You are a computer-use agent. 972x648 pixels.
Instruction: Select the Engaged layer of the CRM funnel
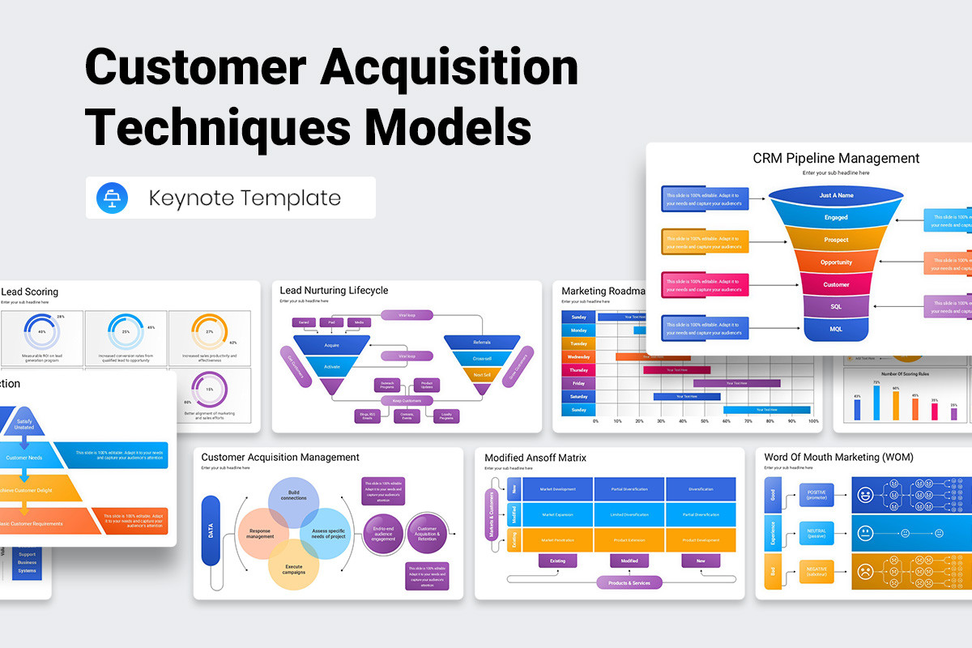(x=836, y=217)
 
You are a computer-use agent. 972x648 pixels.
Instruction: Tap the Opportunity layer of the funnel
(x=836, y=262)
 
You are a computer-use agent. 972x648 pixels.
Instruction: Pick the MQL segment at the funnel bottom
(x=836, y=329)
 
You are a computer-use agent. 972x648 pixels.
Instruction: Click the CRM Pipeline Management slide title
(x=836, y=159)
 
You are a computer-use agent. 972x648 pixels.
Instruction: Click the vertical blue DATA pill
(x=211, y=530)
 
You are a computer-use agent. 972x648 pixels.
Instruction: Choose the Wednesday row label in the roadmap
(x=578, y=356)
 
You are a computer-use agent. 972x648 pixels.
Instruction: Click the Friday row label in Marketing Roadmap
(x=578, y=383)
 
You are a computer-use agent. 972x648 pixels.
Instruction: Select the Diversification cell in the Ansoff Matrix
(x=701, y=489)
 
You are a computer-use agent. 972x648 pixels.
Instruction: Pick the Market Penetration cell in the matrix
(x=558, y=539)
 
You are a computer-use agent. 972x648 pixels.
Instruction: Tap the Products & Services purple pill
(x=629, y=582)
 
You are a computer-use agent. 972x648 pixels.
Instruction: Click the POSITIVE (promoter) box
(x=816, y=493)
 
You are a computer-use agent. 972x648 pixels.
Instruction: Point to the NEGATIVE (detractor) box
(x=816, y=572)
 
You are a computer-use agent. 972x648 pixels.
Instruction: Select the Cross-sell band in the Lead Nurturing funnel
(x=482, y=358)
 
